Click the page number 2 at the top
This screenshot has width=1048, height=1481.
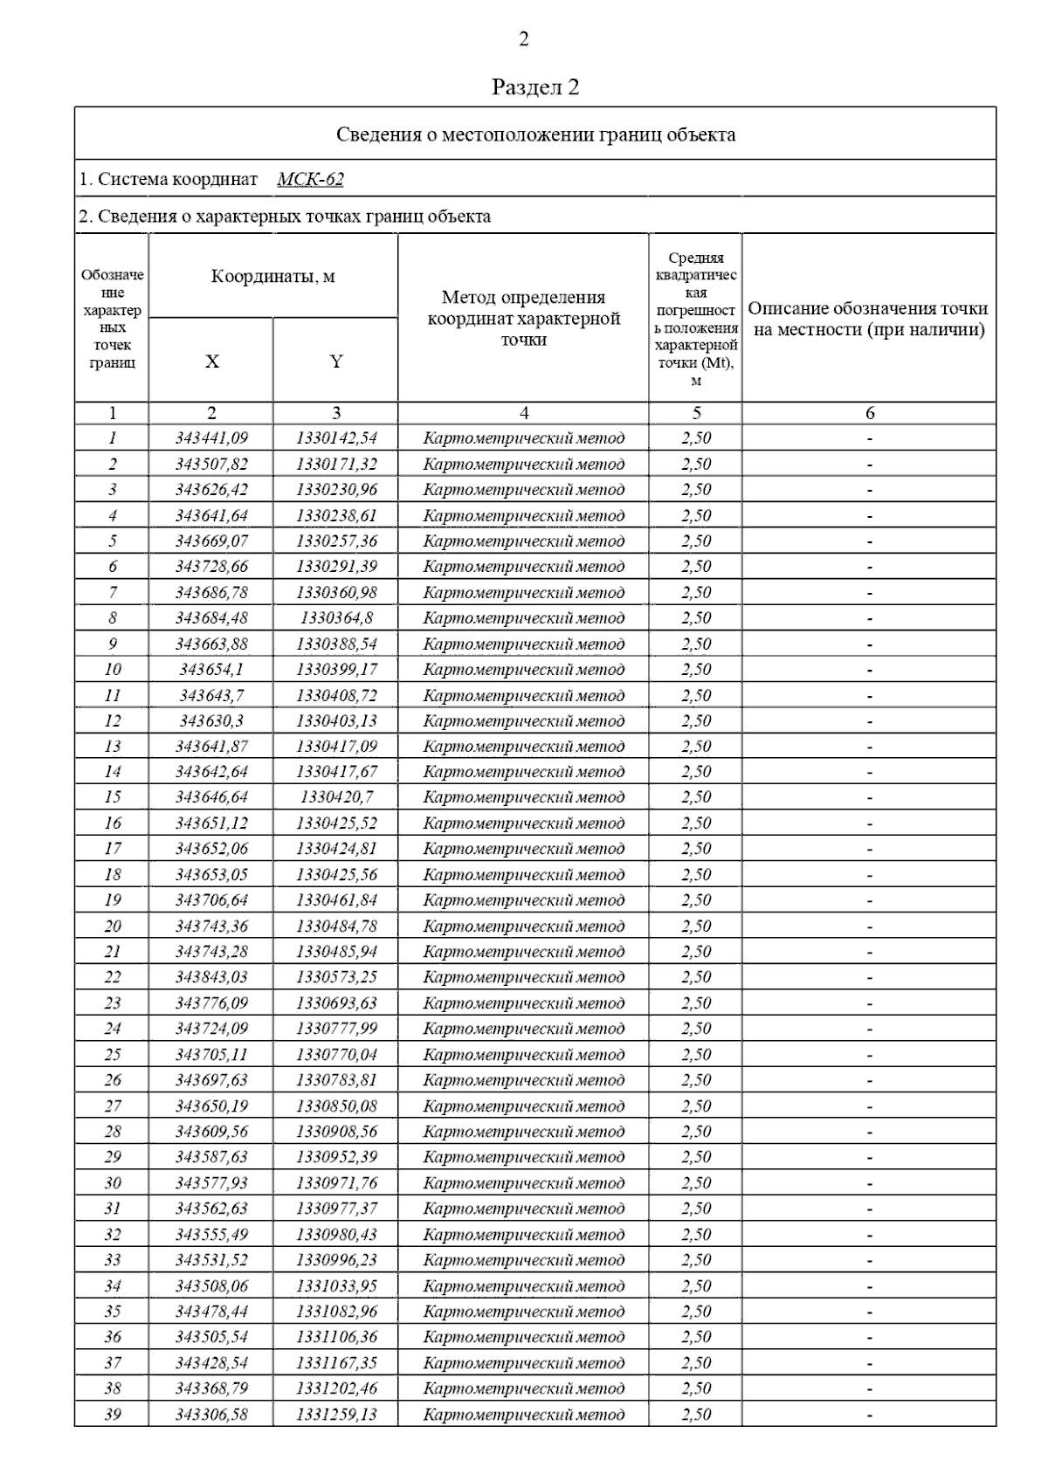524,39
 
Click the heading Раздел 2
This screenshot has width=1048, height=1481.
535,87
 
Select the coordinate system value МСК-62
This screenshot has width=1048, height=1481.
310,179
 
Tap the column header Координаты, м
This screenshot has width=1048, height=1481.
272,277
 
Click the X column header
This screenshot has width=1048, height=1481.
211,362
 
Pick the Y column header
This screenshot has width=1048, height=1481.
336,362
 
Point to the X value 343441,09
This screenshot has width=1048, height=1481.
211,438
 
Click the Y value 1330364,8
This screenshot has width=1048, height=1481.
336,618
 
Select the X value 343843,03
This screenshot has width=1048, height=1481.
211,977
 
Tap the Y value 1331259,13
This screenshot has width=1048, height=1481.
336,1415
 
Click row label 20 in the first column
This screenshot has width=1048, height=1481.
113,926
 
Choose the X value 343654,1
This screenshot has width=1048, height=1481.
211,670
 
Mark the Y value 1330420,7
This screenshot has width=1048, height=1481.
336,797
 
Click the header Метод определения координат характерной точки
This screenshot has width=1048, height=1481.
523,319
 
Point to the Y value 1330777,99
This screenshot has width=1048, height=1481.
336,1029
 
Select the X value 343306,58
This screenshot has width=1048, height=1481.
211,1415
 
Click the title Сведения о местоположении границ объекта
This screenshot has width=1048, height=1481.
535,134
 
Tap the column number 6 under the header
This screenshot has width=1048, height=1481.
869,413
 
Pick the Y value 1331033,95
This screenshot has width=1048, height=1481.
336,1286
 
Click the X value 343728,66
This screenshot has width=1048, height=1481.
211,567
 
